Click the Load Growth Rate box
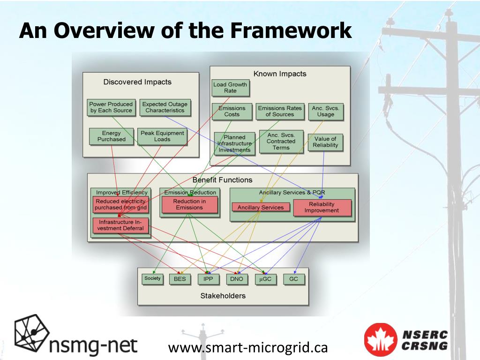[230, 88]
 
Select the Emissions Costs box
[232, 111]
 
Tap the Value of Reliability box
[325, 142]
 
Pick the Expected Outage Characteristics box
[165, 107]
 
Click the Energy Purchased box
[111, 136]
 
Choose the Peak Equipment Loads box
[162, 136]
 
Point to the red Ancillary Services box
[261, 207]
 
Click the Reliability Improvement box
[322, 207]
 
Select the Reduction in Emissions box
[189, 204]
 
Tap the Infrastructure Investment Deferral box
[120, 225]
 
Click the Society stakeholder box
[152, 278]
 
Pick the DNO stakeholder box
[237, 279]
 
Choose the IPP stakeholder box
[208, 279]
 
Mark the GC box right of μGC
[293, 279]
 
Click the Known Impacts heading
[279, 74]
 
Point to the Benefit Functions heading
[222, 180]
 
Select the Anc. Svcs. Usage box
[325, 111]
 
